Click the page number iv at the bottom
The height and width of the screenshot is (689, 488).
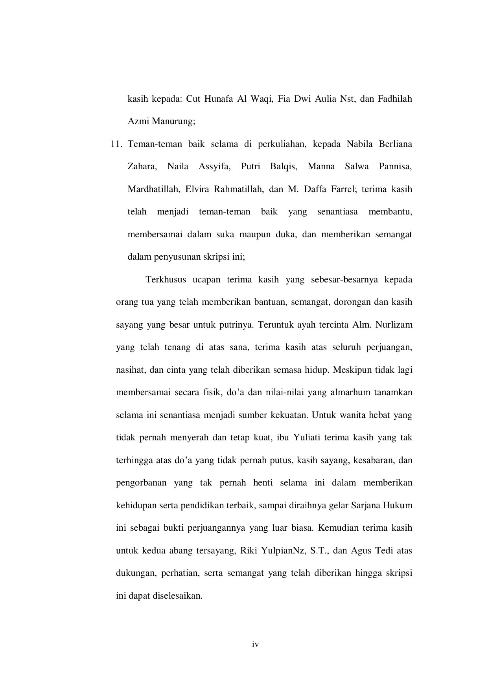click(255, 645)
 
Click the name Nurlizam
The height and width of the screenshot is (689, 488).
click(394, 325)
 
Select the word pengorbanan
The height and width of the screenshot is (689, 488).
click(141, 483)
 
